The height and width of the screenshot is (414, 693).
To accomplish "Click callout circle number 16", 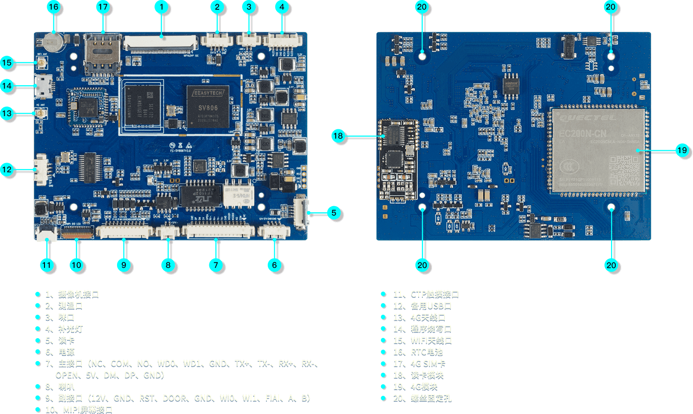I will point(54,7).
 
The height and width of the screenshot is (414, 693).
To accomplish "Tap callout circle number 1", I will point(162,7).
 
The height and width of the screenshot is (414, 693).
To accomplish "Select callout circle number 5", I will point(333,213).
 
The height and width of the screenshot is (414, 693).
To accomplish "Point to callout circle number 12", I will point(7,170).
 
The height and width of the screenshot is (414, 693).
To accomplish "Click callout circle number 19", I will point(682,150).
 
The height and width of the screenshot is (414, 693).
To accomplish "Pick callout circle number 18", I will point(338,136).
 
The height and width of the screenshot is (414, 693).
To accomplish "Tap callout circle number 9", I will point(124,265).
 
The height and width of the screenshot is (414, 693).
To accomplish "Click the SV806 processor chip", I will point(208,107).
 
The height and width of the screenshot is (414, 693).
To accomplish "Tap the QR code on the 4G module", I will point(624,171).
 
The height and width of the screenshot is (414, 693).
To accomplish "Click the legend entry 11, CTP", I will point(426,294).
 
